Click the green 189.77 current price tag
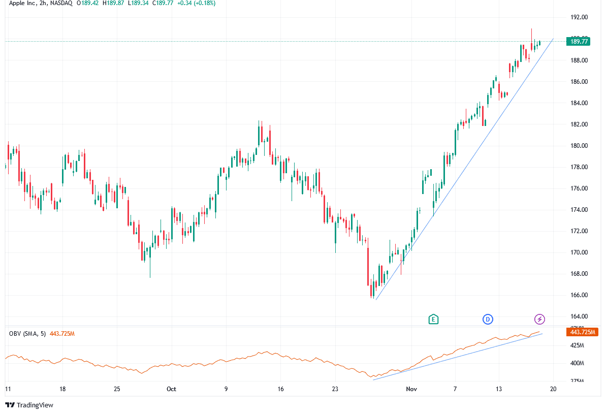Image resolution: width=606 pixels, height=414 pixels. click(x=579, y=42)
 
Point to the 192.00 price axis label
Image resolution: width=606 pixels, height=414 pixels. click(x=579, y=17)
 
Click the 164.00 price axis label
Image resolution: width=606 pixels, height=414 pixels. click(x=579, y=316)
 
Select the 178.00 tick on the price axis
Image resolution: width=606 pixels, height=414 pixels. click(x=579, y=167)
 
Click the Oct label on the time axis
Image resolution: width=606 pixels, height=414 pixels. click(x=171, y=389)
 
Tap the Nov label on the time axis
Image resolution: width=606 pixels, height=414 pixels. click(x=411, y=389)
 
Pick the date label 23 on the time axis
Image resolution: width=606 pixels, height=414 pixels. click(x=335, y=389)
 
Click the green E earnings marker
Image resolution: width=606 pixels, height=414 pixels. click(x=433, y=319)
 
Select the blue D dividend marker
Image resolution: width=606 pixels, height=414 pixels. click(x=488, y=319)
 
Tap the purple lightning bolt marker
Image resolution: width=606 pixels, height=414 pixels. click(x=540, y=319)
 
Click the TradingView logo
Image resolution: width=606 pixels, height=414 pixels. click(x=29, y=405)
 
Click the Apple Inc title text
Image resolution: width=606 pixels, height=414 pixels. click(x=24, y=3)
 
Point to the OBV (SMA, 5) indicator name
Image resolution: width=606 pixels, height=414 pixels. click(x=28, y=333)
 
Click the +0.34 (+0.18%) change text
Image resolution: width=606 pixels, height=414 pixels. click(x=195, y=3)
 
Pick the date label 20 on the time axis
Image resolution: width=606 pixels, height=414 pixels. click(x=553, y=389)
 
